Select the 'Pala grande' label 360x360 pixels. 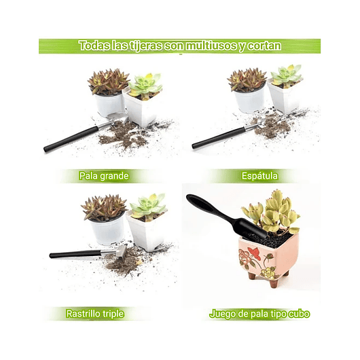(x=103, y=176)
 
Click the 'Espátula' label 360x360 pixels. (x=259, y=176)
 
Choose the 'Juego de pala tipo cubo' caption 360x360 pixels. (x=259, y=314)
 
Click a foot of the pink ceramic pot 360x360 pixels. (x=273, y=283)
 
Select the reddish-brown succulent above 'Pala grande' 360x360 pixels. (x=108, y=82)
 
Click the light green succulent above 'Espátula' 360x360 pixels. (x=286, y=75)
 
